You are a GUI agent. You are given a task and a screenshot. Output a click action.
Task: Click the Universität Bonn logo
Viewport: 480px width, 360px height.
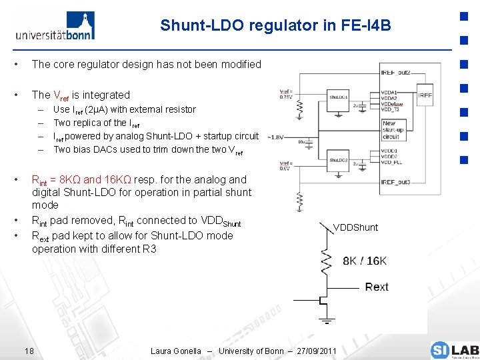(55, 26)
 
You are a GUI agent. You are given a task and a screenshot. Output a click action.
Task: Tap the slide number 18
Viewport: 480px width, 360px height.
(29, 351)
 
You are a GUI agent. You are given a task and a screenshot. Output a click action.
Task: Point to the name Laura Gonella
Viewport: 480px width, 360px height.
(176, 351)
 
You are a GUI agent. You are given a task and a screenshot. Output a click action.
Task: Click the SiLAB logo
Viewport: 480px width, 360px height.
(454, 350)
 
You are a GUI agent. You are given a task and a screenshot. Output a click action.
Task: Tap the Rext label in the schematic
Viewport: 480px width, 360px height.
(377, 287)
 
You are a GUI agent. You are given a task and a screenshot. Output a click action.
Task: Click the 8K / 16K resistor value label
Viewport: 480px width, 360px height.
(365, 261)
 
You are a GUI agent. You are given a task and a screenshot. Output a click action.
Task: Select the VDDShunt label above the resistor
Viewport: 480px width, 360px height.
(355, 227)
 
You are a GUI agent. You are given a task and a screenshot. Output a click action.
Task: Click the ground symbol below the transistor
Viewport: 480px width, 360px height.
(327, 322)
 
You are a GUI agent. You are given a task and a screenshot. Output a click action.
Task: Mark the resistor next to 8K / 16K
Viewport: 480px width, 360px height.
(327, 261)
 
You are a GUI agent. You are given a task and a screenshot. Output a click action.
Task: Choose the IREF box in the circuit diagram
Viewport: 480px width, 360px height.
(425, 95)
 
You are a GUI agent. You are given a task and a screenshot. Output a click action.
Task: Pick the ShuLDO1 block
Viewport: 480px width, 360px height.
(339, 97)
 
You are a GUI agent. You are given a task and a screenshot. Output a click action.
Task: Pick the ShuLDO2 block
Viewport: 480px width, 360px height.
(339, 161)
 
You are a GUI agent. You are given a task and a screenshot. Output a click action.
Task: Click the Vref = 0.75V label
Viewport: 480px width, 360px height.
(285, 93)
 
